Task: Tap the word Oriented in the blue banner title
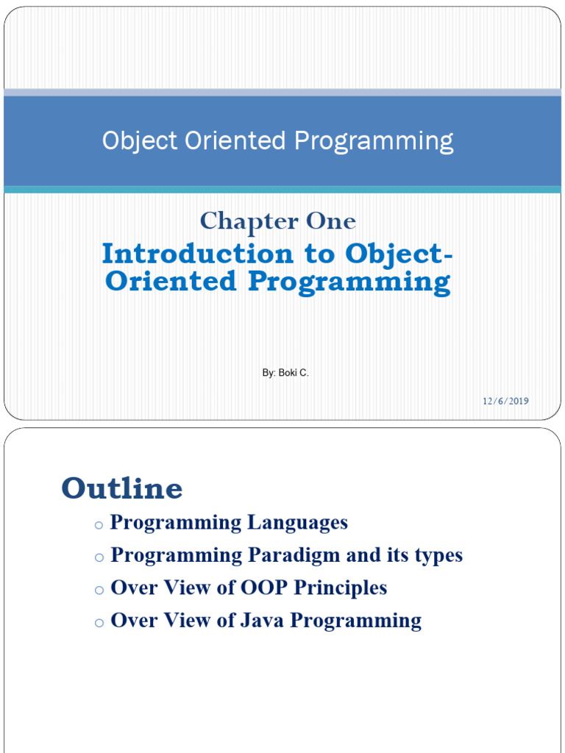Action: (235, 140)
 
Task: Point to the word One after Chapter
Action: (331, 221)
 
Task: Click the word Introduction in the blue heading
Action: (197, 254)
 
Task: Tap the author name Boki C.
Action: (294, 373)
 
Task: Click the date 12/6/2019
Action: (506, 401)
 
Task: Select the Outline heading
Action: (122, 488)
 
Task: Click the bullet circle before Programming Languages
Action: (99, 525)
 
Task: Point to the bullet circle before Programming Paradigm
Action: (99, 557)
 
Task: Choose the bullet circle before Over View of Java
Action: (99, 624)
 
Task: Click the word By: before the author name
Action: (269, 373)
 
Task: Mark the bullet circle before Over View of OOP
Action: (99, 590)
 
